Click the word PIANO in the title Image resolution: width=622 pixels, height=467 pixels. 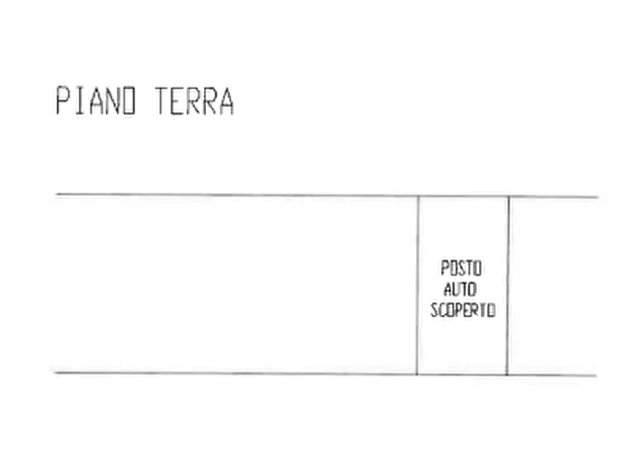(95, 101)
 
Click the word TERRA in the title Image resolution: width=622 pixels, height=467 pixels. (194, 101)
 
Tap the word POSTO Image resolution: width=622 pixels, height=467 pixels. (461, 268)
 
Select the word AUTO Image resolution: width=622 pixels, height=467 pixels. (460, 289)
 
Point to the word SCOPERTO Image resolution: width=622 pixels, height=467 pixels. (463, 309)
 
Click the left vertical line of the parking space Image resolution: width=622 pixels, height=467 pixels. (417, 285)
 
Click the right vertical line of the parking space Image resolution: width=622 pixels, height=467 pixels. (508, 286)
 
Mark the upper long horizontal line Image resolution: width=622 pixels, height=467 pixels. (327, 195)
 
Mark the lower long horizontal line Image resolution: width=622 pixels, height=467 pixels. (325, 374)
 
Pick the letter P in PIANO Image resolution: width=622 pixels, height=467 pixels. (63, 101)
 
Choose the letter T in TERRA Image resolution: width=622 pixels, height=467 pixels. (162, 101)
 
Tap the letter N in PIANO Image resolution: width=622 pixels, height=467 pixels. (113, 101)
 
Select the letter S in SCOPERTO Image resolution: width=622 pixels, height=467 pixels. (434, 309)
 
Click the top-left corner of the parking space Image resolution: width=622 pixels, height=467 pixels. (418, 196)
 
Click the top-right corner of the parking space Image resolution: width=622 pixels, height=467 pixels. (508, 197)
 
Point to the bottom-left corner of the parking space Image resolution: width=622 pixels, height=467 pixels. (417, 374)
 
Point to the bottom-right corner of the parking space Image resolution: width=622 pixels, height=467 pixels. (507, 375)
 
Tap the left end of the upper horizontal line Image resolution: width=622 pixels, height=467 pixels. (56, 194)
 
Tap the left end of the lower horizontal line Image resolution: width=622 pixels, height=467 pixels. (55, 373)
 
